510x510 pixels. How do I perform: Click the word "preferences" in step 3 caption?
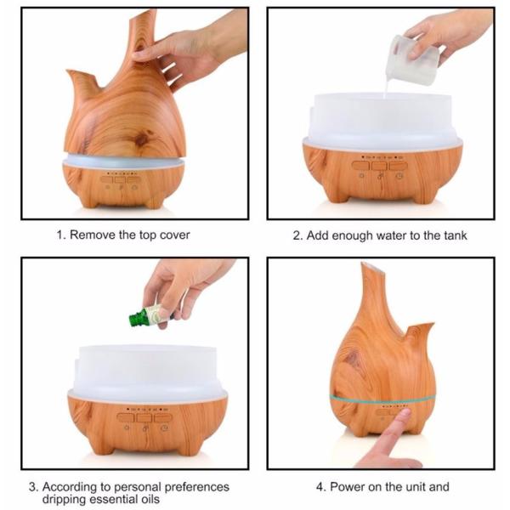pyautogui.click(x=195, y=487)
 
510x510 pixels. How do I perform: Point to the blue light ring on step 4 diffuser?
pyautogui.click(x=382, y=398)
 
